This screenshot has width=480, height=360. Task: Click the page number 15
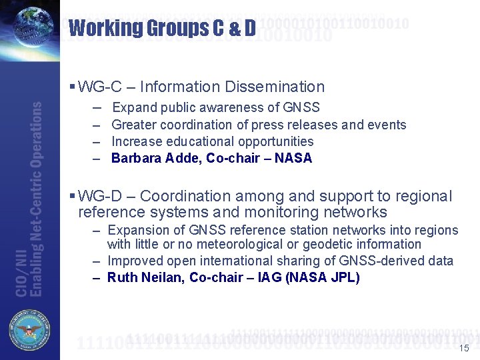(x=465, y=349)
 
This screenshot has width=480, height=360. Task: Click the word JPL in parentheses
(x=344, y=277)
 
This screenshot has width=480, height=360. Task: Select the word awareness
(x=246, y=107)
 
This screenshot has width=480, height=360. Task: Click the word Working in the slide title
(x=105, y=28)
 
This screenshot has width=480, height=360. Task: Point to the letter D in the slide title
(x=249, y=28)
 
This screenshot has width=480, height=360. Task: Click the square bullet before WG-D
(x=72, y=196)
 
